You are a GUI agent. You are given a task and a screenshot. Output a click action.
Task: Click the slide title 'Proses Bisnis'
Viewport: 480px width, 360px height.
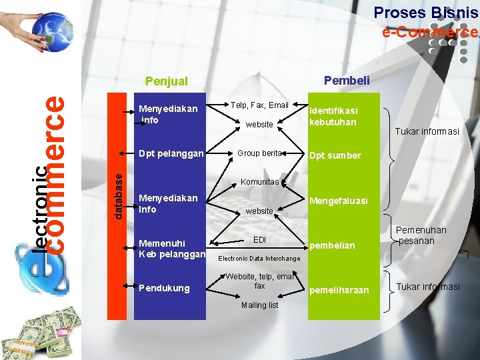click(x=425, y=13)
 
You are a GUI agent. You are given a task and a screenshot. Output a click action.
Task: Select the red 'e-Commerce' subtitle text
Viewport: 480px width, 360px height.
click(x=429, y=32)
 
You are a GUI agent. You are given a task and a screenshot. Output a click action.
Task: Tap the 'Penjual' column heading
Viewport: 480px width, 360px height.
click(x=167, y=81)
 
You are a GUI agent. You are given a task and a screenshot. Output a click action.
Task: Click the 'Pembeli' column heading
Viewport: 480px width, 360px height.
click(x=346, y=81)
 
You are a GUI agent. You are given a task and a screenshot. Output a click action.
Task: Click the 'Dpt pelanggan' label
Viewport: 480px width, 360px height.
click(x=171, y=153)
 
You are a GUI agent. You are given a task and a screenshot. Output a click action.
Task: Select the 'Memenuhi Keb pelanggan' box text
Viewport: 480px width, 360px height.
click(x=171, y=248)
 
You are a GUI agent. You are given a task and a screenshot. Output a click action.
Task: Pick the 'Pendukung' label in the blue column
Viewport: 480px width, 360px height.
click(x=164, y=288)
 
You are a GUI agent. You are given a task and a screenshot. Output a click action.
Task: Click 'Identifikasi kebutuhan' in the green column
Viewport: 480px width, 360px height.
click(x=333, y=116)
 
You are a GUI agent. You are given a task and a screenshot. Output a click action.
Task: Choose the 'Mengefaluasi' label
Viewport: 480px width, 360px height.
click(x=338, y=201)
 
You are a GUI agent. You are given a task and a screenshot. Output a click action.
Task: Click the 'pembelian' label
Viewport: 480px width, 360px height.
click(x=331, y=245)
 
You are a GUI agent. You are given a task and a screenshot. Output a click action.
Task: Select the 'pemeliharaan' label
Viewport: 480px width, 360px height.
click(x=339, y=290)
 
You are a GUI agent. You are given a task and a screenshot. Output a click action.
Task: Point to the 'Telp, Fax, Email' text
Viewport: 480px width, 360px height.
click(x=259, y=105)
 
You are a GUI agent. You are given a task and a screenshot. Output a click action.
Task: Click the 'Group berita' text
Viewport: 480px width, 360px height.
click(x=259, y=153)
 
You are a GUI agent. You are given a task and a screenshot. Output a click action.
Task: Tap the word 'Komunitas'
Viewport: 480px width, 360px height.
click(x=259, y=182)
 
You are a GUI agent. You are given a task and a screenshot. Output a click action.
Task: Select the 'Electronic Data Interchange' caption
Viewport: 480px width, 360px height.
click(x=259, y=258)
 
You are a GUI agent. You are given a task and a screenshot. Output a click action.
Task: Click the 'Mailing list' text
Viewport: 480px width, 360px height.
click(x=259, y=305)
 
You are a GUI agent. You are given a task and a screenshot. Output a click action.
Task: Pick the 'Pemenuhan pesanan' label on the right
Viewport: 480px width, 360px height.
click(x=421, y=235)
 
